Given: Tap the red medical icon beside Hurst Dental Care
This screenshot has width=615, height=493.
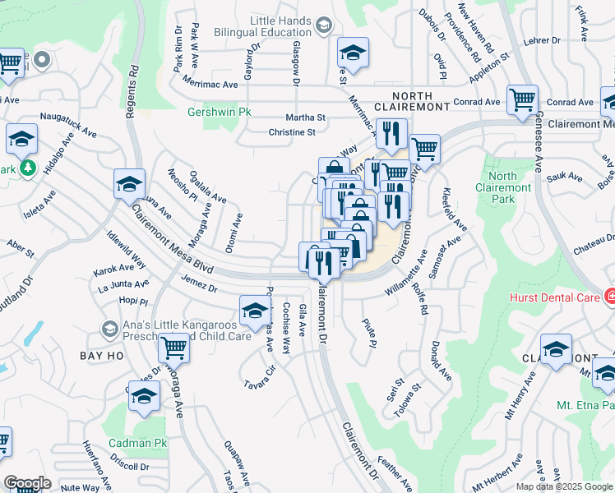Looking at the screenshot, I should pos(610,296).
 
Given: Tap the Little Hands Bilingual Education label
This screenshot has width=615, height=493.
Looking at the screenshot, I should pos(245,26).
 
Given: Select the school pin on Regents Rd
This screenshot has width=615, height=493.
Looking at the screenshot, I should pos(129,185).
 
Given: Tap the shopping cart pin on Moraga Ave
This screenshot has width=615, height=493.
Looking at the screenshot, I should pos(173,348).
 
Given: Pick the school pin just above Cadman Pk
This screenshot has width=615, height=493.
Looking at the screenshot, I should pos(145,397).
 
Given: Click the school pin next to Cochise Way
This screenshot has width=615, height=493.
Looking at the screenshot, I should pos(255,311).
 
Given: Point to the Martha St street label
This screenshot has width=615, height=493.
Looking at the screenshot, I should pos(305,117).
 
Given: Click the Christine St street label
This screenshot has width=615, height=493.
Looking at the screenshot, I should pos(292,132).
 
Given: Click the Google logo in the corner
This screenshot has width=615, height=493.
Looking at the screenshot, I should pos(27,483).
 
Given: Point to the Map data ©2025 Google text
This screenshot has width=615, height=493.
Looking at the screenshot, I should pos(563,486).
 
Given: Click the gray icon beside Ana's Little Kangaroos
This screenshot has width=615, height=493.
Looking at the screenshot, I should pos(109,329).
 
